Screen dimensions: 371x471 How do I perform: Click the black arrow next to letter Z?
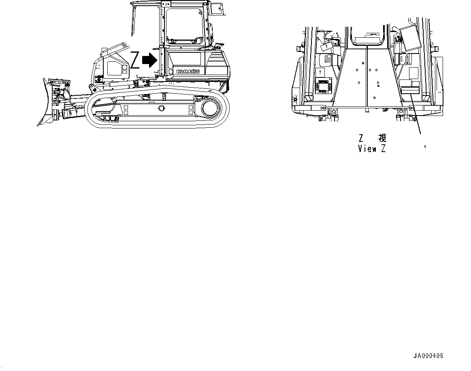coord(150,61)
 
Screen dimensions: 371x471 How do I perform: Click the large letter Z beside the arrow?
coord(135,60)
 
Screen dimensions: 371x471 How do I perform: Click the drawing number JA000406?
coord(428,356)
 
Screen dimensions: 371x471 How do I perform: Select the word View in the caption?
coord(367,149)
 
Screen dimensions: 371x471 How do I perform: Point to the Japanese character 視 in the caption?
coord(381,138)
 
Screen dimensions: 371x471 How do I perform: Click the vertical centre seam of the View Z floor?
coord(366,77)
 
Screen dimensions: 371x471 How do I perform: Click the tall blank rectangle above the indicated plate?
coord(413,73)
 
